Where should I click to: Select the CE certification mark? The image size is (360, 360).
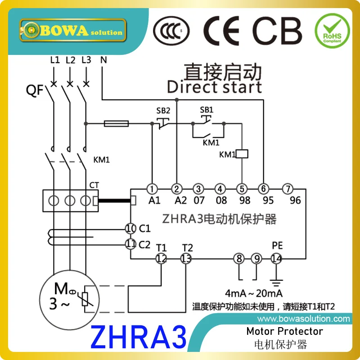(x=223, y=31)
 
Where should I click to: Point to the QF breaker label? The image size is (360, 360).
(x=35, y=90)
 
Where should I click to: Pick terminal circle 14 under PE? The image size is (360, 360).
(x=276, y=258)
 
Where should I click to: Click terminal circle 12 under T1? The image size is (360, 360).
(x=161, y=258)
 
